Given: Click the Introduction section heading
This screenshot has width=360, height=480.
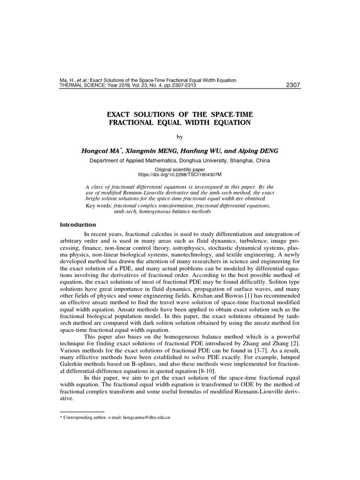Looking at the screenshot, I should [x=78, y=225].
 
